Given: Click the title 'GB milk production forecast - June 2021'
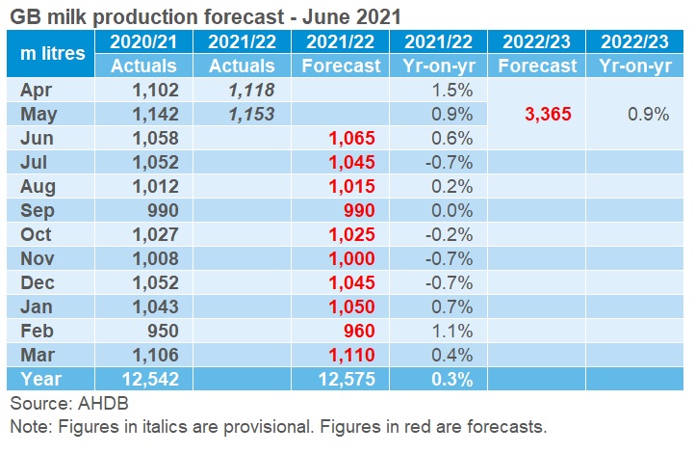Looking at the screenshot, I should pyautogui.click(x=204, y=15).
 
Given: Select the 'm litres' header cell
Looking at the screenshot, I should pyautogui.click(x=52, y=53).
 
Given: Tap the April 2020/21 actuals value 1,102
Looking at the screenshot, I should pyautogui.click(x=155, y=90).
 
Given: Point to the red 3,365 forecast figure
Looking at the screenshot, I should pyautogui.click(x=548, y=114).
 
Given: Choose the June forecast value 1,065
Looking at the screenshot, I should pyautogui.click(x=352, y=138).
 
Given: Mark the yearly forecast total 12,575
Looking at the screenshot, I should pyautogui.click(x=345, y=379).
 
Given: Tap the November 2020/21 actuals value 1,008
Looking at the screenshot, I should pyautogui.click(x=155, y=258).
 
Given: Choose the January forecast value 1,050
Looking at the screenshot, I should pyautogui.click(x=352, y=306).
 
